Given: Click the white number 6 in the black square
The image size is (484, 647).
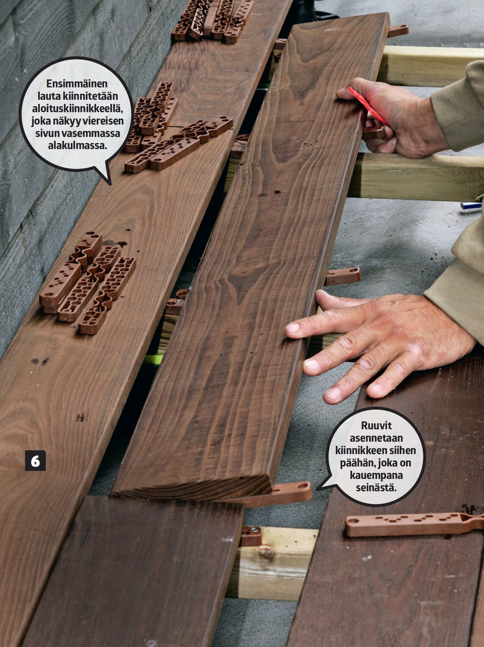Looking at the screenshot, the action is [35, 461].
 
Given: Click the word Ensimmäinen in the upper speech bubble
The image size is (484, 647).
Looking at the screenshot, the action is [77, 84].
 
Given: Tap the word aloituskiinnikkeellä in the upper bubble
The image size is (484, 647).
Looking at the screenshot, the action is [77, 108].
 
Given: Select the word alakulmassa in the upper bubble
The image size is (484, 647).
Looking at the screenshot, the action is [77, 146].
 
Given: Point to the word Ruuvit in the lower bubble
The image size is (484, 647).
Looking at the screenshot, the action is [376, 426].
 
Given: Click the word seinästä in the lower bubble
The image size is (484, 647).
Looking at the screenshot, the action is [376, 487].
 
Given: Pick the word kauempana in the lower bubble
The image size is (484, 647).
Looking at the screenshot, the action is [376, 475].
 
